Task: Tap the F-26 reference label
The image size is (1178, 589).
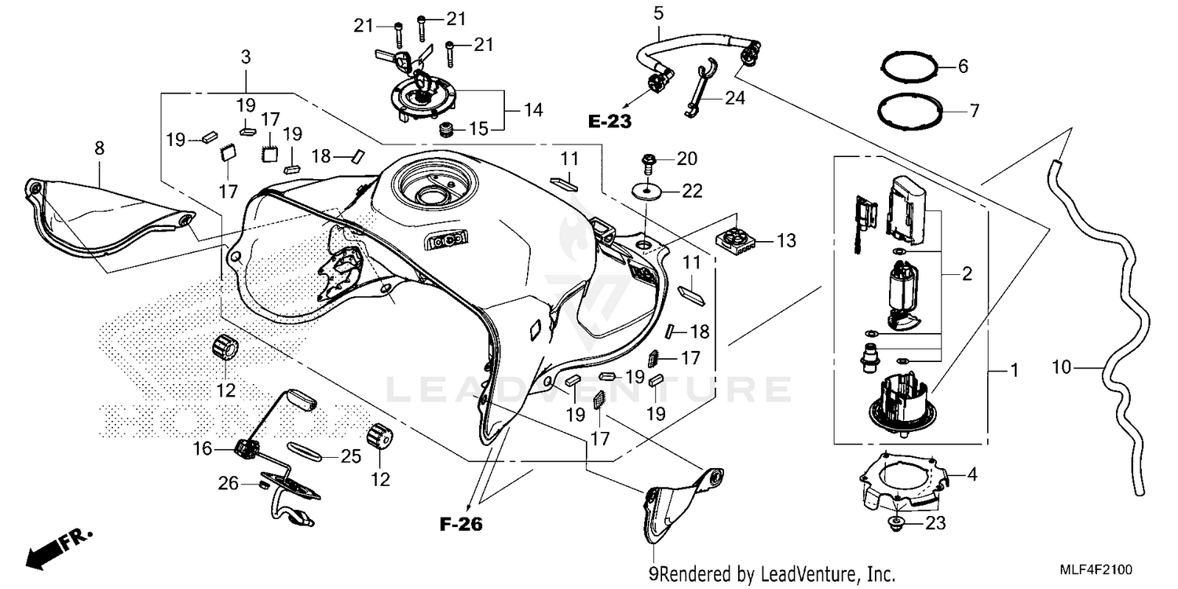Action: (x=461, y=525)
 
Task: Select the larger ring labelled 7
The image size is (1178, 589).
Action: (x=910, y=111)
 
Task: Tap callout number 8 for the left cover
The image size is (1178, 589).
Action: (x=99, y=147)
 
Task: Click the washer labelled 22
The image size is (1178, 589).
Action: (x=649, y=190)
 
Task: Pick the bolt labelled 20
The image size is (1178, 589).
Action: (x=649, y=160)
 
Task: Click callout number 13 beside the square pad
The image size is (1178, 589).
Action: (x=786, y=241)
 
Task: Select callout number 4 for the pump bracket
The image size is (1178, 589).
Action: (x=971, y=474)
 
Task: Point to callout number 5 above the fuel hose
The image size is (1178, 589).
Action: (x=658, y=13)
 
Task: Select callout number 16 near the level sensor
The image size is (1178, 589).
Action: (x=203, y=448)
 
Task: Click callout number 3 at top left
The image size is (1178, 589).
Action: (x=246, y=57)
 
